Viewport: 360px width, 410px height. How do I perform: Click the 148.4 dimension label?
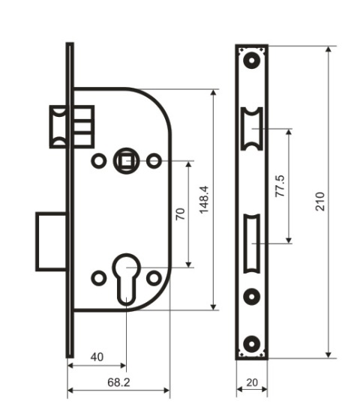(204, 200)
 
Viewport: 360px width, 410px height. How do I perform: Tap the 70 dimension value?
(180, 214)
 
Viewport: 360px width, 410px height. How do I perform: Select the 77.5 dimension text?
(280, 186)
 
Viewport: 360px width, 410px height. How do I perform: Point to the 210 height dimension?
(320, 202)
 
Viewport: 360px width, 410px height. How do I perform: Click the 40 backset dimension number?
(97, 357)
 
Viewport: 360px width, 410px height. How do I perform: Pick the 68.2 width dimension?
(118, 382)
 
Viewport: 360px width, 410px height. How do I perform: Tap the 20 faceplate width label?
(252, 382)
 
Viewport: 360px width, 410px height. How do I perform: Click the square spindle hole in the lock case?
(126, 161)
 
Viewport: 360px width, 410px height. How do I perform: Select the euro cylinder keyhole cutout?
(126, 280)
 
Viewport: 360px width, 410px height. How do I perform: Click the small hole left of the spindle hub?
(99, 161)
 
